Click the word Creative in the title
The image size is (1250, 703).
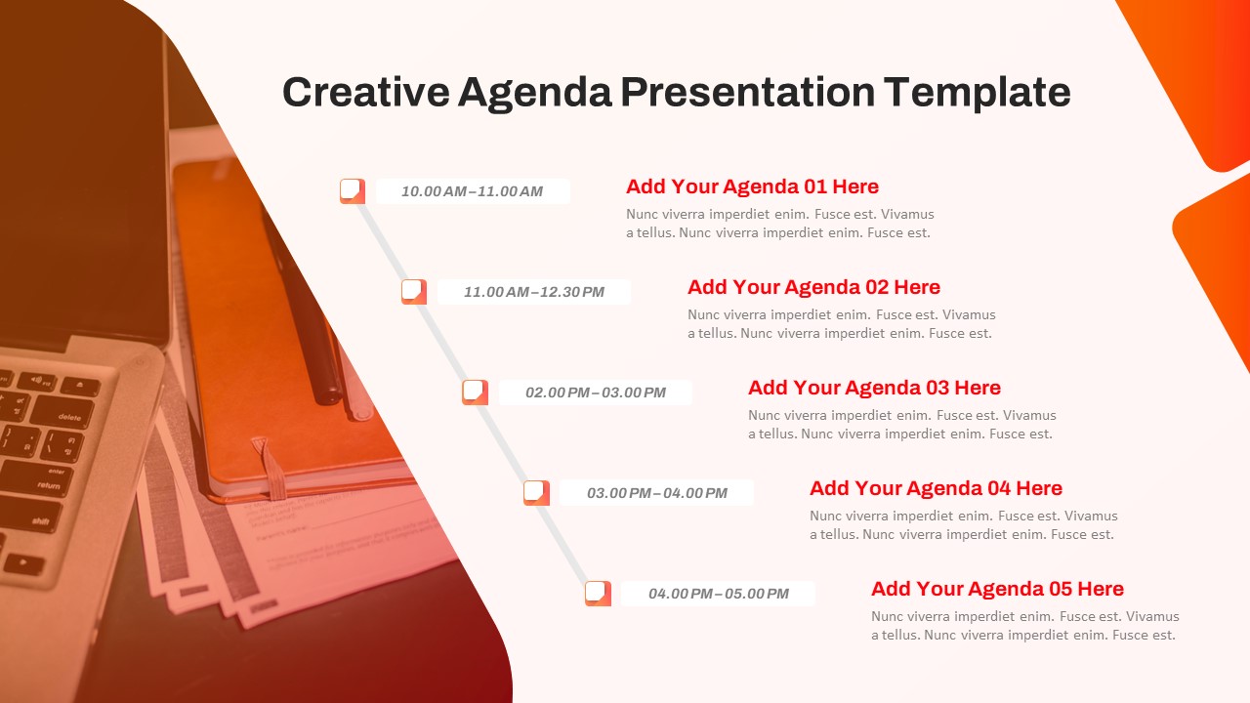point(366,93)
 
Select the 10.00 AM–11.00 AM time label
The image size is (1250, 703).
point(472,191)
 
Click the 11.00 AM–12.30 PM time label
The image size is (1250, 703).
point(533,292)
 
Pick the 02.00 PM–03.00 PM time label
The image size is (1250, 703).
point(595,393)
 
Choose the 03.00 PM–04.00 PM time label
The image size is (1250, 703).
point(656,493)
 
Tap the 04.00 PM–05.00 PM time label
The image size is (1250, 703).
point(718,594)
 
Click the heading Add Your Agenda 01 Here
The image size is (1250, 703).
point(752,186)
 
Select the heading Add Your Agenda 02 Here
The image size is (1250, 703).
point(813,287)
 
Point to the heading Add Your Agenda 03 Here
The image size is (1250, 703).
point(874,388)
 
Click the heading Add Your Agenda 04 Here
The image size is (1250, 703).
point(936,488)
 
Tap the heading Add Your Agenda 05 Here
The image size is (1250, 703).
point(997,589)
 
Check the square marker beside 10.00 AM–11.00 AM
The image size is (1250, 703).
point(352,190)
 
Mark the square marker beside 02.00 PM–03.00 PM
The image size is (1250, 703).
point(475,392)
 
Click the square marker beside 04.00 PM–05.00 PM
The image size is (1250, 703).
point(598,593)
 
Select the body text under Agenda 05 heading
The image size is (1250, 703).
point(1024,626)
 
